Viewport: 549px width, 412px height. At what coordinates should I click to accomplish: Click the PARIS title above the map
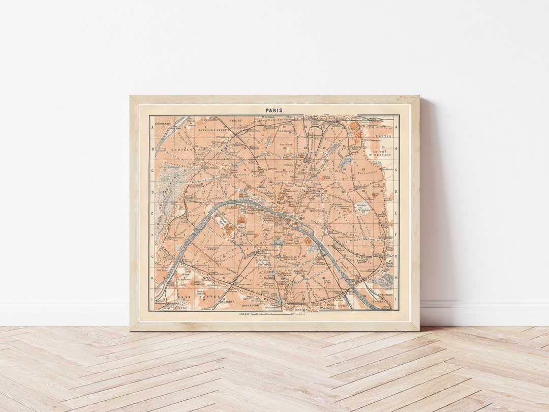pyautogui.click(x=274, y=110)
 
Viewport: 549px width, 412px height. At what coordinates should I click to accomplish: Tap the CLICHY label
pyautogui.click(x=236, y=121)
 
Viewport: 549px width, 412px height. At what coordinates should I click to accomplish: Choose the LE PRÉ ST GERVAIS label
pyautogui.click(x=383, y=152)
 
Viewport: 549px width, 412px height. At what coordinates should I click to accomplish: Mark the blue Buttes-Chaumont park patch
pyautogui.click(x=346, y=162)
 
